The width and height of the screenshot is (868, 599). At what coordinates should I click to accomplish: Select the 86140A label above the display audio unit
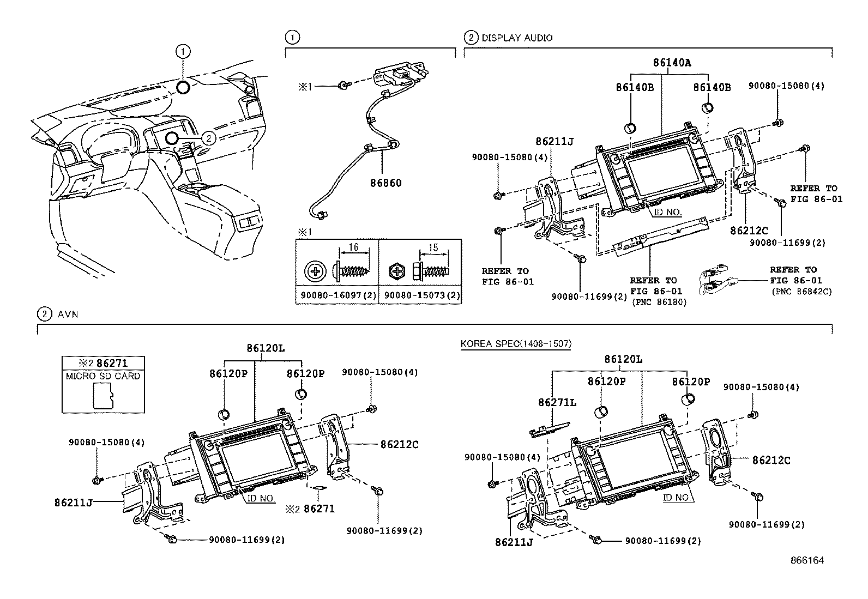[672, 63]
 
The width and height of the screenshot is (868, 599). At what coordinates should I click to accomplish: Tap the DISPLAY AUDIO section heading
[516, 38]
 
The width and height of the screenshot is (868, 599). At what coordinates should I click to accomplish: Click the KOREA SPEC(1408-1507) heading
[515, 344]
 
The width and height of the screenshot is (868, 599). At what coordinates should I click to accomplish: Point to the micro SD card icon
[103, 395]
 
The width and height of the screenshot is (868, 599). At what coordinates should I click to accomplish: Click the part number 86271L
[557, 402]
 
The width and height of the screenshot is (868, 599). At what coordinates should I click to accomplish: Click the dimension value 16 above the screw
[353, 248]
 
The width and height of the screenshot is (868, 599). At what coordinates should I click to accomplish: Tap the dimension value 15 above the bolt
[433, 248]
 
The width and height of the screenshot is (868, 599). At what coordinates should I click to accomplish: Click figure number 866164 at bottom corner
[807, 560]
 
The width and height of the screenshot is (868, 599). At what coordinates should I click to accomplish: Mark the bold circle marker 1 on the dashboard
[183, 86]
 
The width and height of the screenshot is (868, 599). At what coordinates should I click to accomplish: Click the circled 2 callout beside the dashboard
[208, 138]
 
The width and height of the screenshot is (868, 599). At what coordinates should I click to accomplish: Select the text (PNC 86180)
[659, 301]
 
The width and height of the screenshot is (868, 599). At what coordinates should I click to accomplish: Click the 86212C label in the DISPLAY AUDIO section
[749, 231]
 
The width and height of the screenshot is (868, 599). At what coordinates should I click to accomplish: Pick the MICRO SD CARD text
[103, 376]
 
